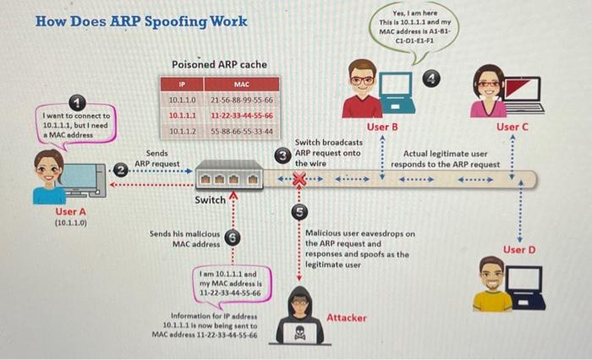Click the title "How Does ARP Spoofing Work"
click(141, 21)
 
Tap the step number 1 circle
click(77, 103)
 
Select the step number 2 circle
click(121, 171)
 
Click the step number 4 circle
click(433, 79)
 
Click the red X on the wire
click(298, 179)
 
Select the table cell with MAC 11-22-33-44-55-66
click(241, 115)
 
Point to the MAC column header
click(241, 84)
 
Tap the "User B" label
click(383, 127)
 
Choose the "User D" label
click(518, 250)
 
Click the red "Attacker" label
click(347, 318)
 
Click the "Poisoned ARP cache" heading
click(219, 64)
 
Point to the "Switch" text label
click(210, 200)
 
